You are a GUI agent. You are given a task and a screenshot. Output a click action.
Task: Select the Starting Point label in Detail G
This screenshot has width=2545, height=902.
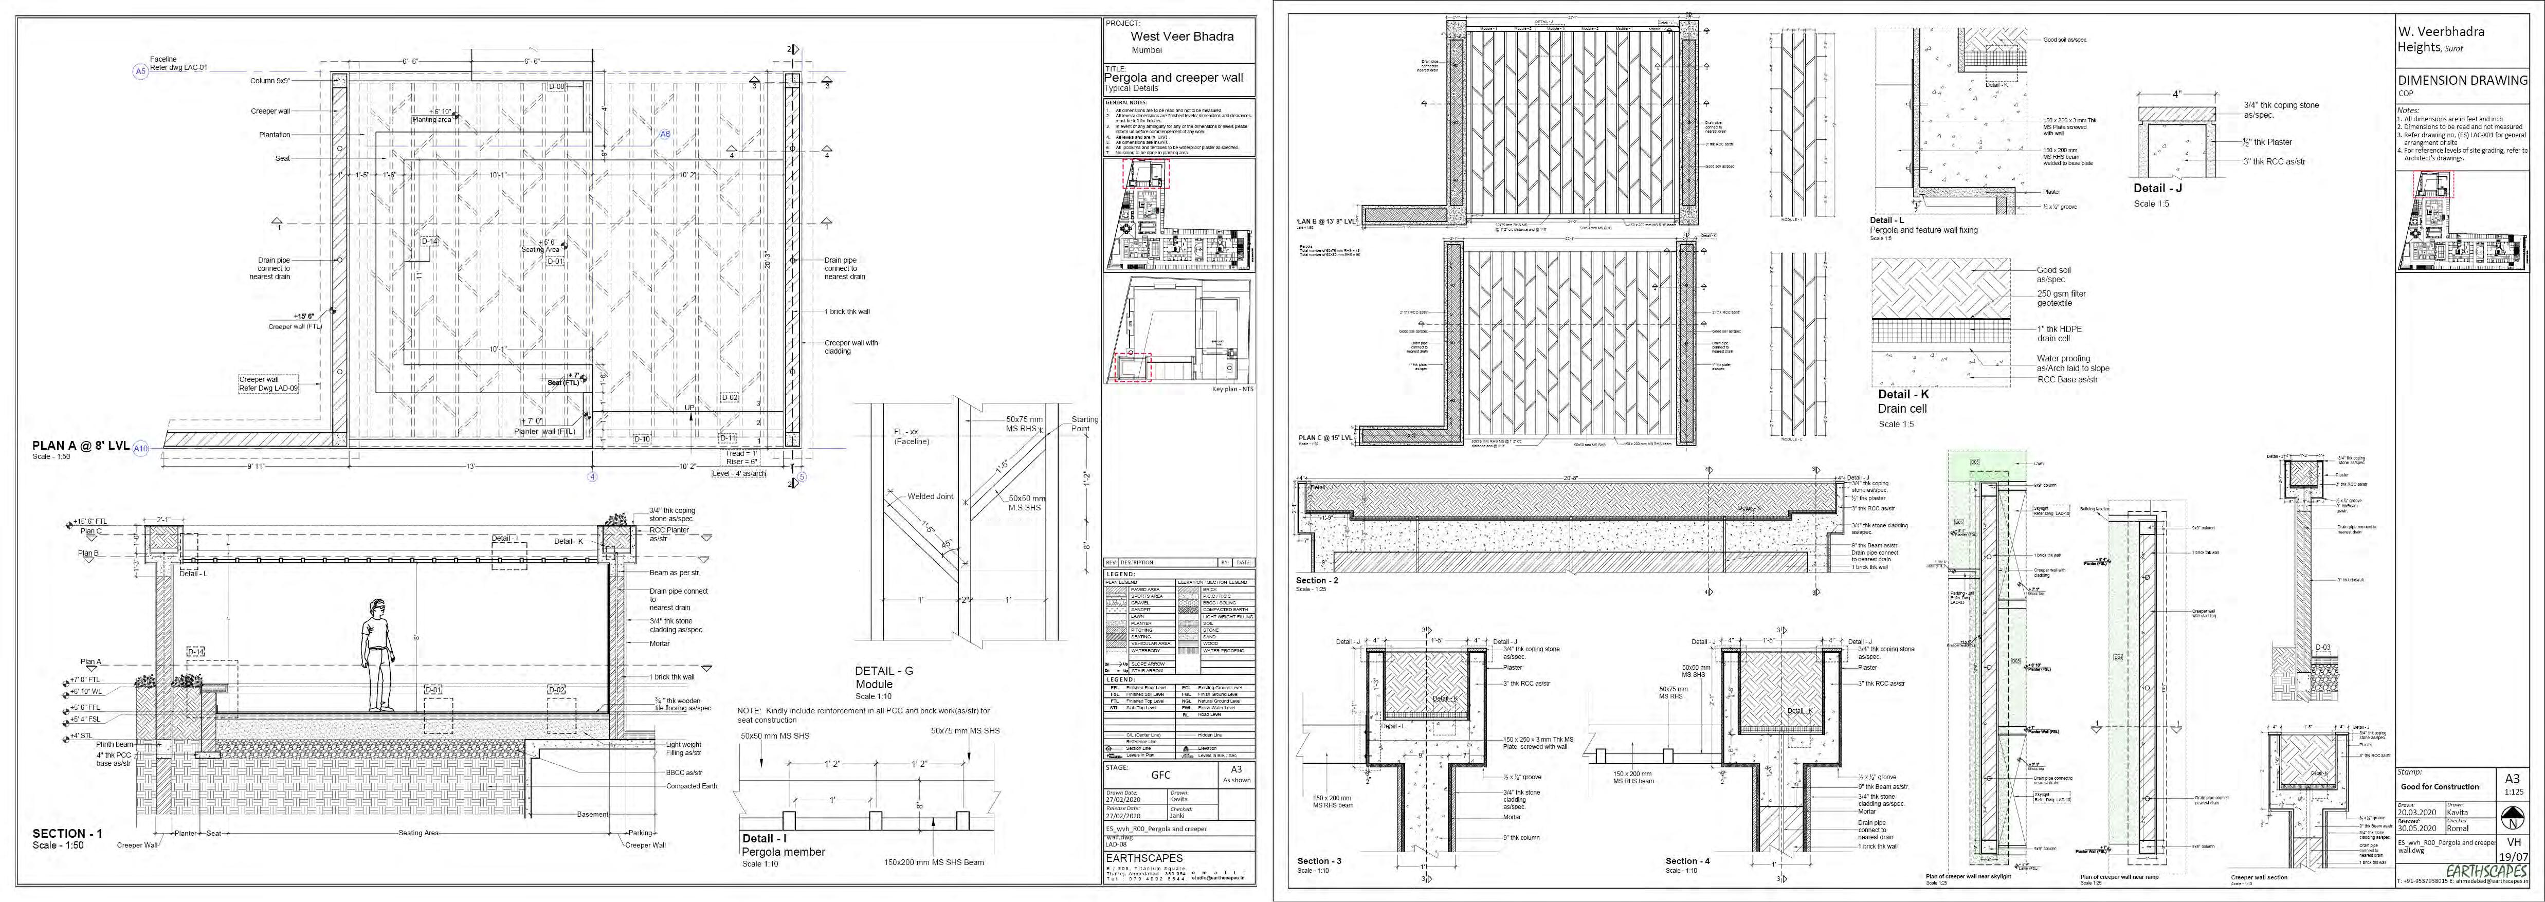click(1084, 424)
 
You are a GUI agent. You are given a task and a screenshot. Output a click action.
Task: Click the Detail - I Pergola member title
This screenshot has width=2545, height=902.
click(784, 845)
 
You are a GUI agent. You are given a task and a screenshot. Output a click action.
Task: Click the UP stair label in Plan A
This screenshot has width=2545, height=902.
click(689, 407)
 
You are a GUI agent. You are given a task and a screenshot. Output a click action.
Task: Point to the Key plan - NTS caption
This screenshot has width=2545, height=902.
click(1232, 388)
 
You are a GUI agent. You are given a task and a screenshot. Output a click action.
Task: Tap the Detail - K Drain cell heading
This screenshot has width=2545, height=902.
click(1903, 401)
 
